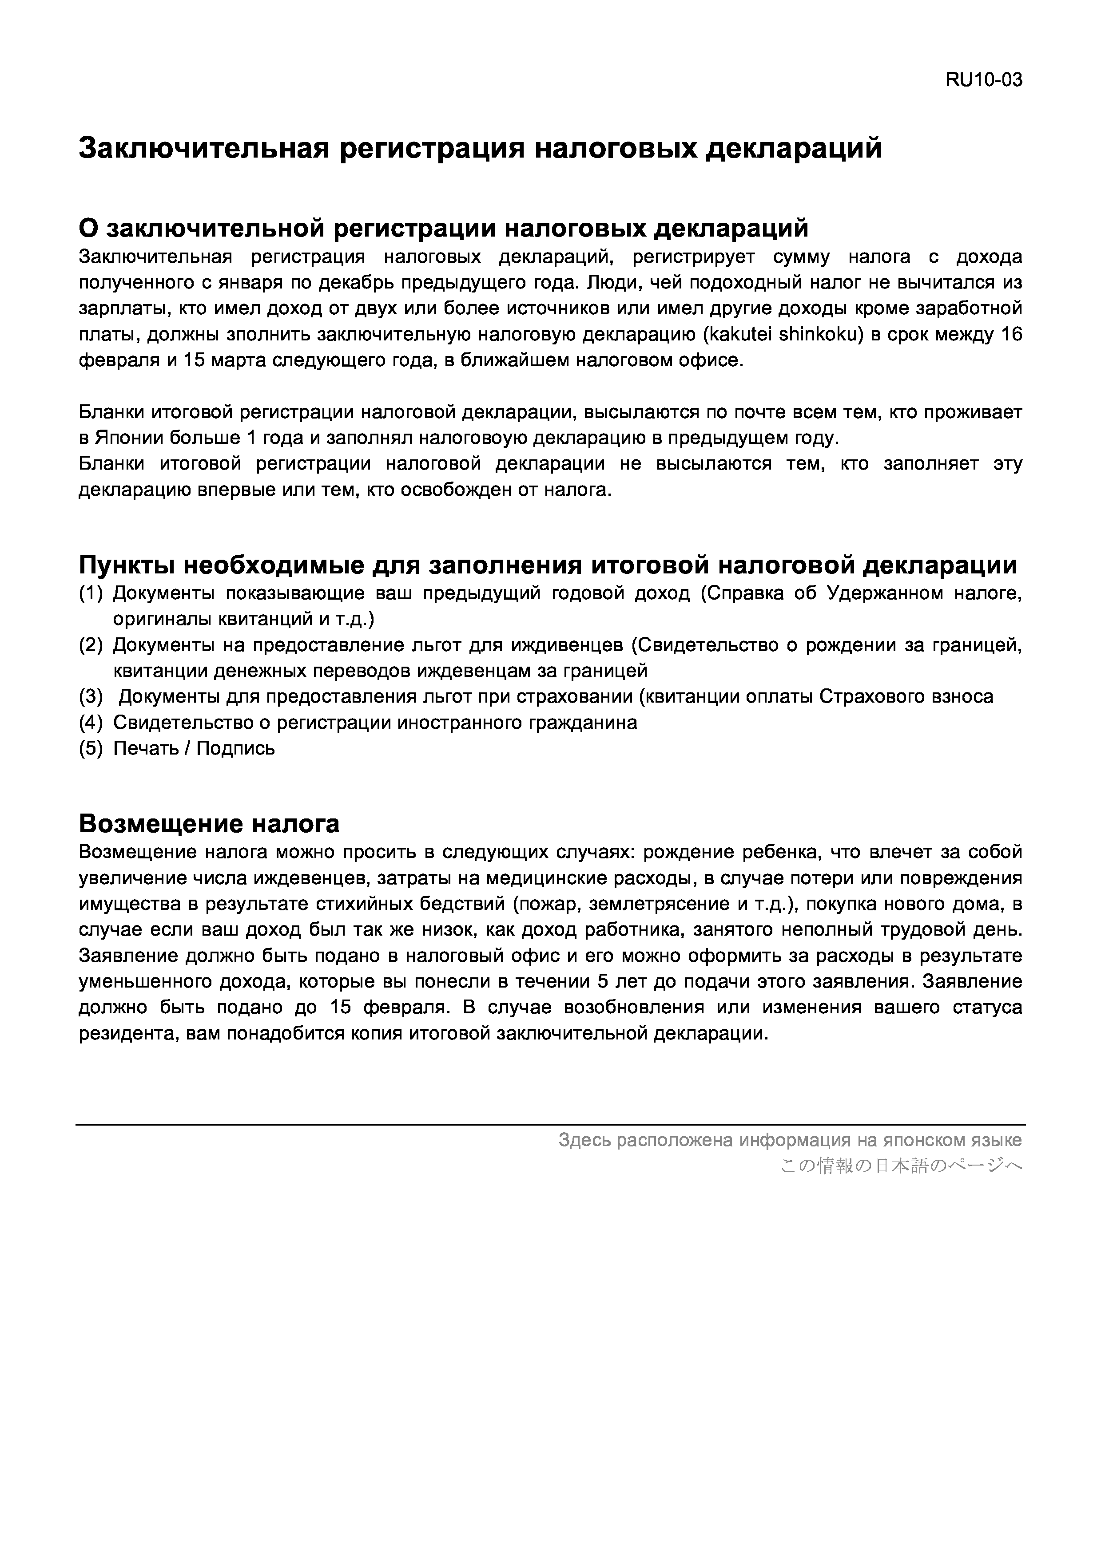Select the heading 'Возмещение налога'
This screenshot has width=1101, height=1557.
[209, 824]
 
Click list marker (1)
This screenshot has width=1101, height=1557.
[91, 593]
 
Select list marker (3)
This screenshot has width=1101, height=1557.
[91, 696]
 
